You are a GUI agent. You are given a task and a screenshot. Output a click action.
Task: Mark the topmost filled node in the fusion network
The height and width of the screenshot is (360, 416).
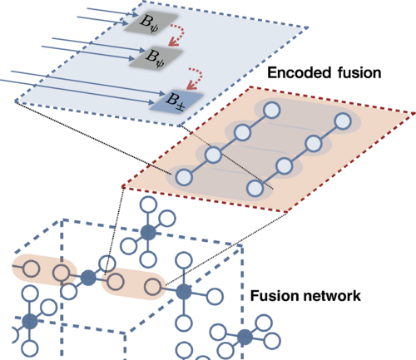pos(147,234)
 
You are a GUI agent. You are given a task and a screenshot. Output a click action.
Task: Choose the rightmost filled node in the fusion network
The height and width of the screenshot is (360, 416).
pos(244,337)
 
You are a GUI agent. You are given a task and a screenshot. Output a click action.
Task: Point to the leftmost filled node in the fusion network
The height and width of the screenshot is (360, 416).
pos(30,321)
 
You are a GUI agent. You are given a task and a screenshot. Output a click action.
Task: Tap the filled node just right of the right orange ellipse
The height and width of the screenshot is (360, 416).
pos(183,291)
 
